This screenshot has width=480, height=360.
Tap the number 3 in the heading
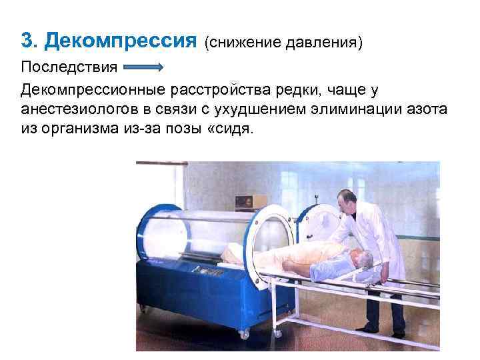point(27,41)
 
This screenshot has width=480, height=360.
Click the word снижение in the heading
point(241,43)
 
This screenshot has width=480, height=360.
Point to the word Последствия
point(69,68)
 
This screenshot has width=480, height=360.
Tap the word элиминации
point(357,109)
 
